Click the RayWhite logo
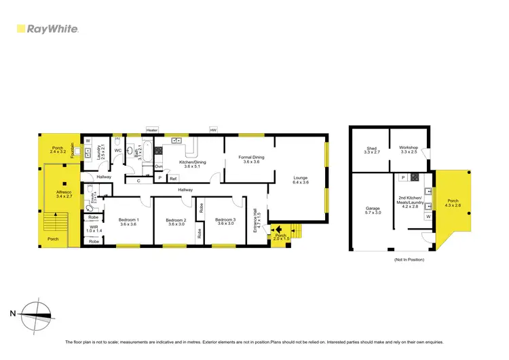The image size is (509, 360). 48,29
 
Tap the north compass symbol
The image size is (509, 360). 36,313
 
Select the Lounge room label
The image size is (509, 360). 300,180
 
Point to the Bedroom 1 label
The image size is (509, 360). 129,222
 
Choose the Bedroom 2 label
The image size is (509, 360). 176,222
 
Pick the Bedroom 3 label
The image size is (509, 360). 225,222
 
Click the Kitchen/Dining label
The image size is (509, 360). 193,164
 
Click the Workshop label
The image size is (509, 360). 409,150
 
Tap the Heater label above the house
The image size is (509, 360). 152,130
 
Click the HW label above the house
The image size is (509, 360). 213,130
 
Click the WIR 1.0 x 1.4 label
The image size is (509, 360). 94,230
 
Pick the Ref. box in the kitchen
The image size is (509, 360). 173,178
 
